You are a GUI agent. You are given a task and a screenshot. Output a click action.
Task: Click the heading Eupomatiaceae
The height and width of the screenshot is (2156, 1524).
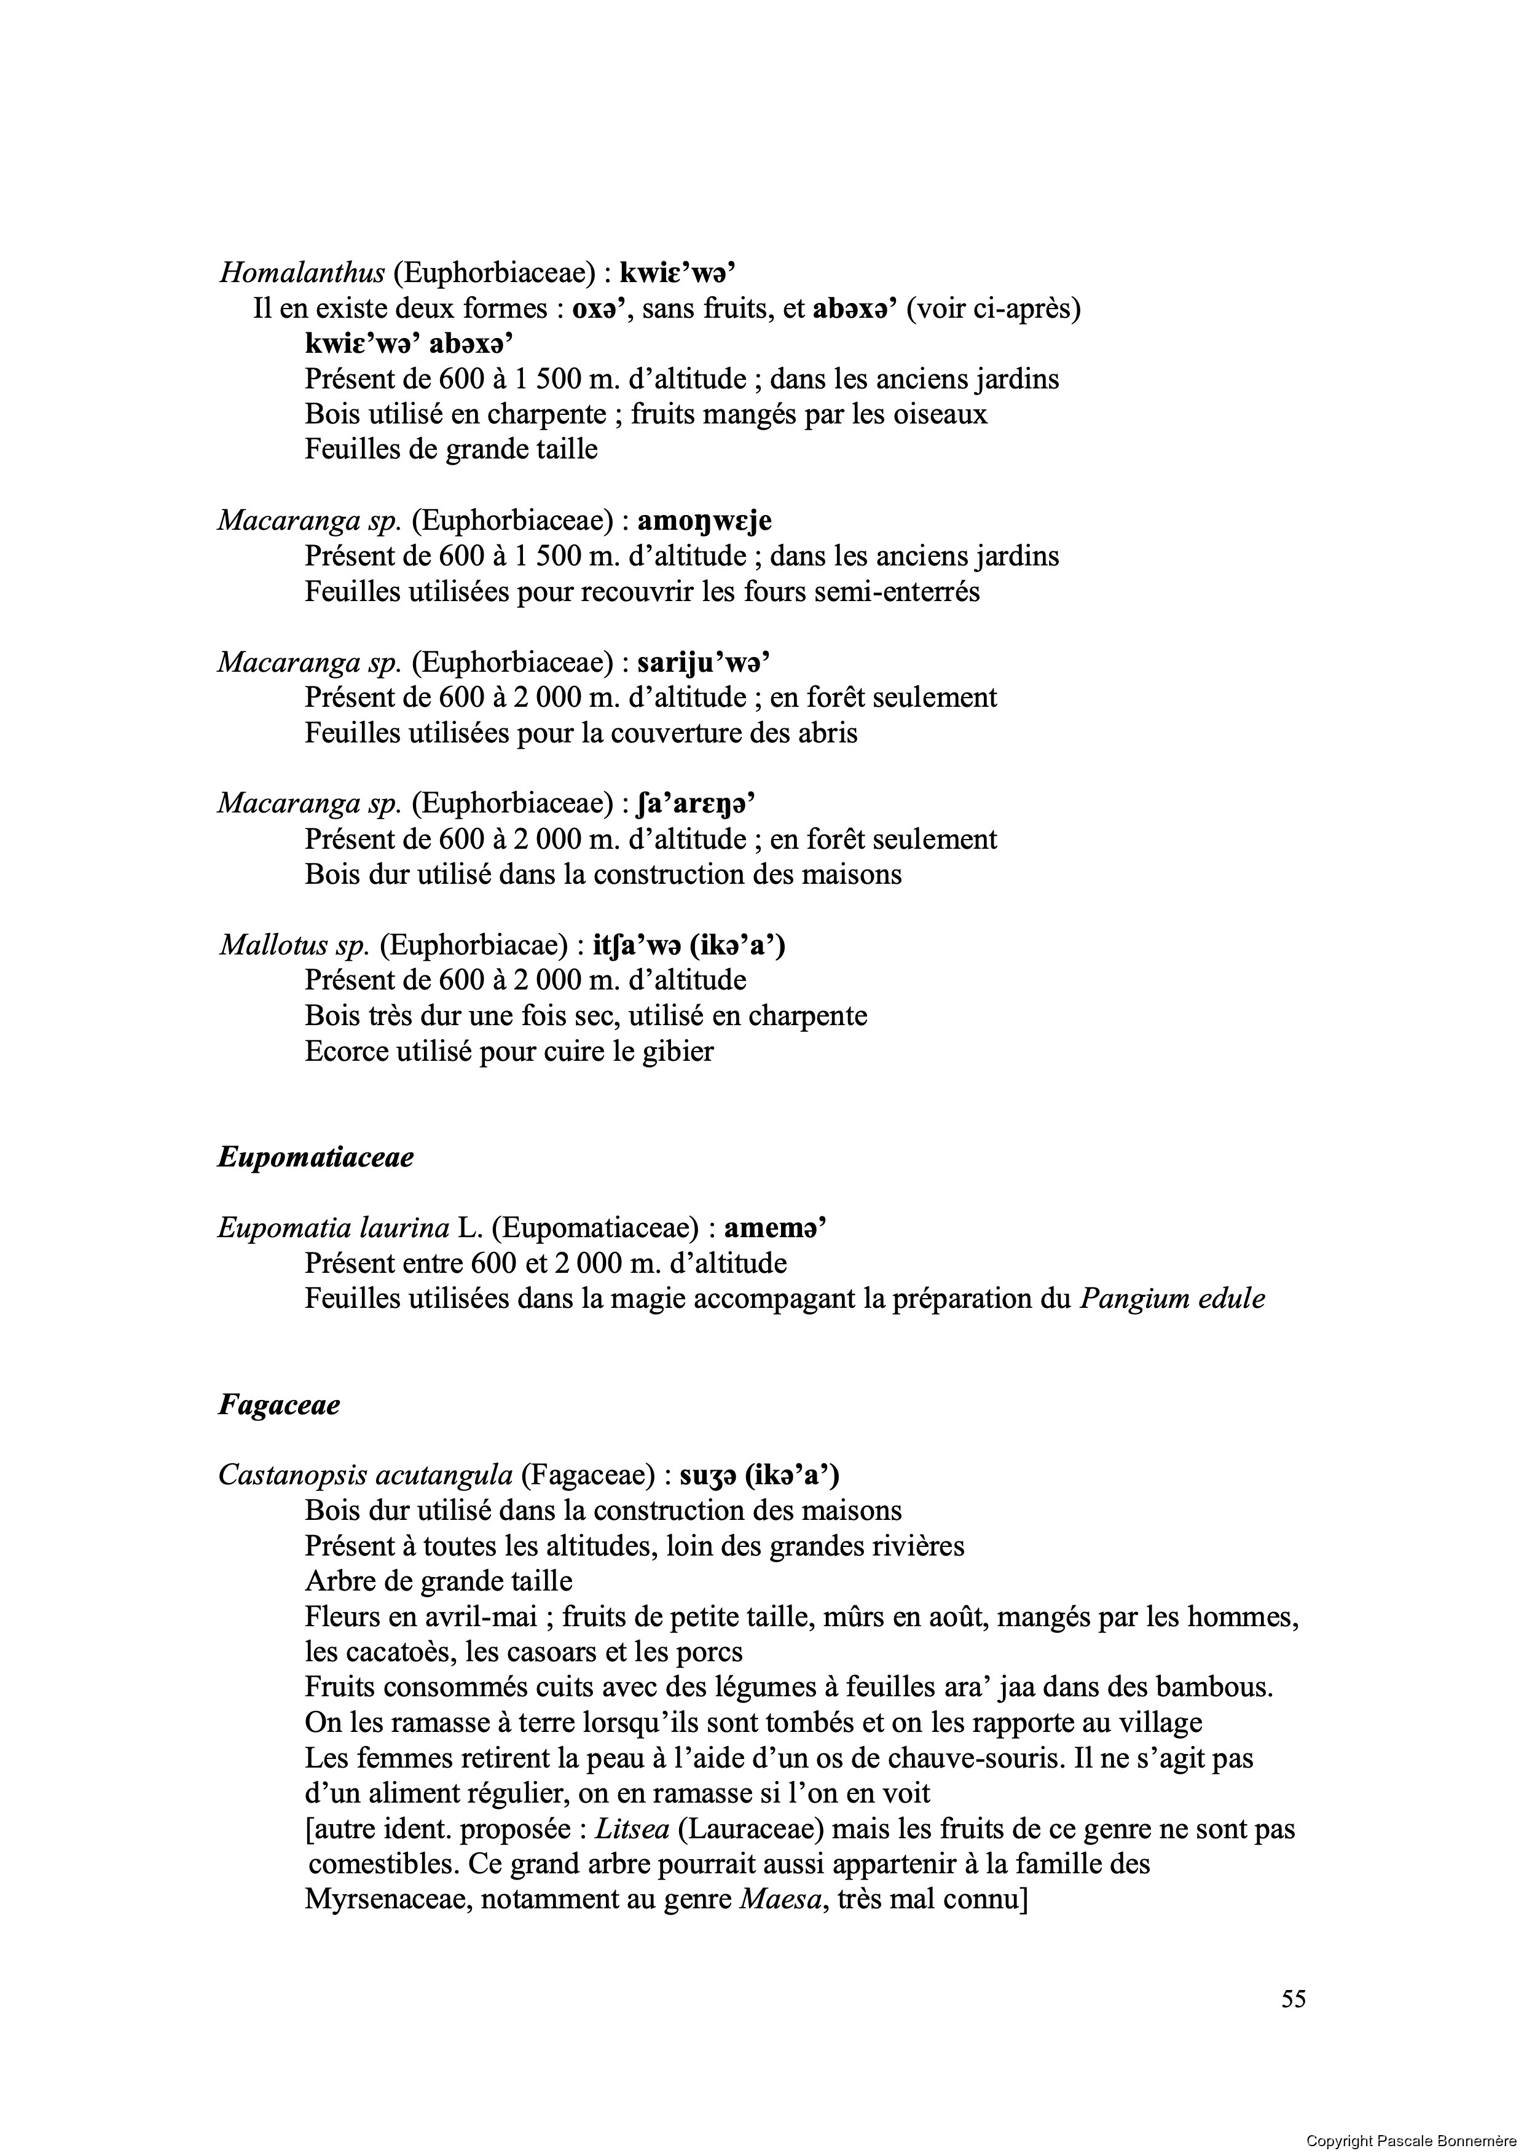315,1157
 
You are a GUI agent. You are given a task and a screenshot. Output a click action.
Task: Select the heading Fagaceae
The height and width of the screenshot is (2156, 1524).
279,1405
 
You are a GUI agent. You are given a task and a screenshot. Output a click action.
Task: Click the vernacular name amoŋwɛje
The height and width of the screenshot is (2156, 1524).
704,520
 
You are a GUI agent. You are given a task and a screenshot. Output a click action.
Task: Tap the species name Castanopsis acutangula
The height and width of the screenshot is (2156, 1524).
365,1475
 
